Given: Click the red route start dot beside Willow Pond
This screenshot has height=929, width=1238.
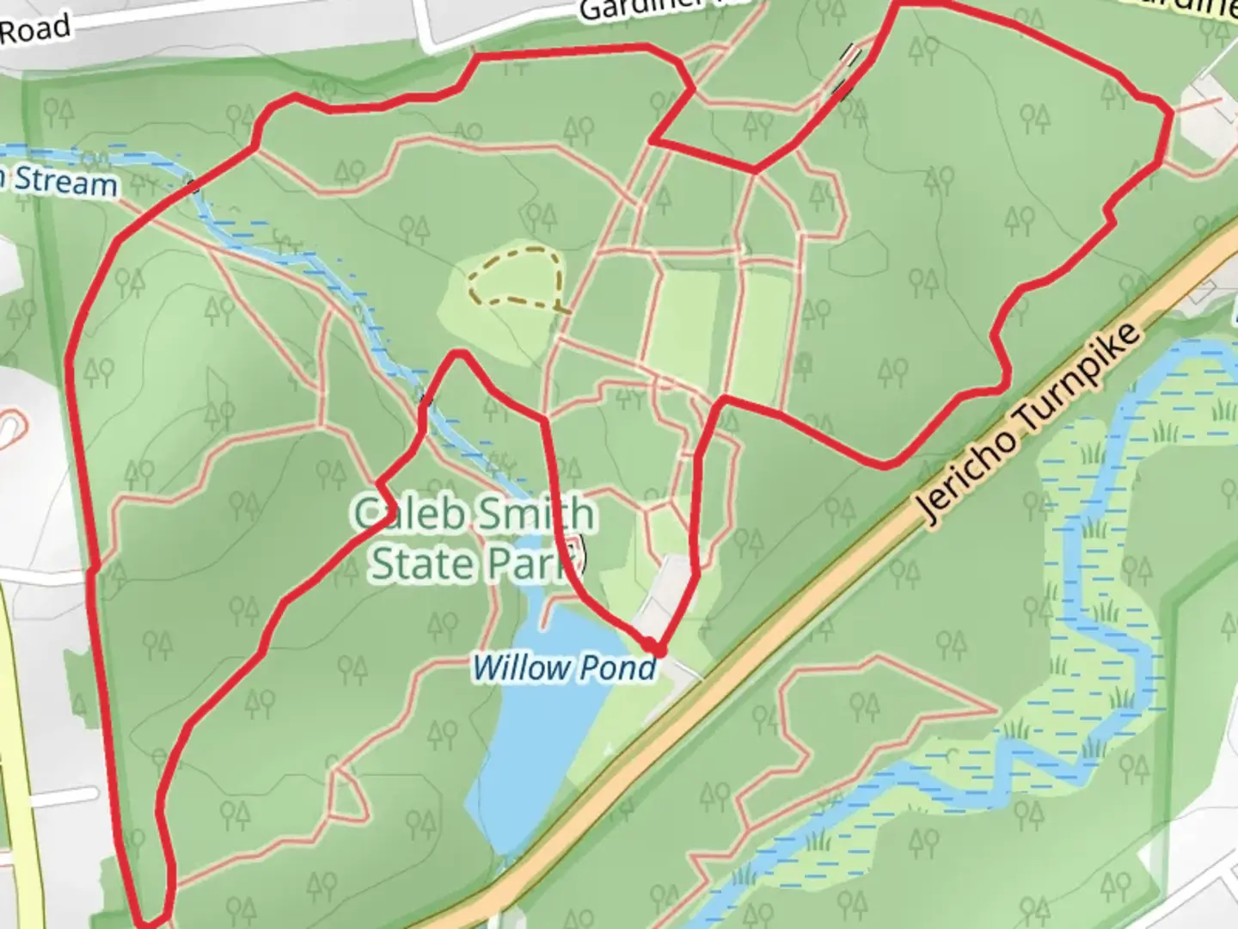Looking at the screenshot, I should pos(653,646).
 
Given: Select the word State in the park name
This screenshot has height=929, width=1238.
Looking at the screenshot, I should pos(421,563).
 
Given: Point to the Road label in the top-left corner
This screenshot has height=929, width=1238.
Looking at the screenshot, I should pos(34,30).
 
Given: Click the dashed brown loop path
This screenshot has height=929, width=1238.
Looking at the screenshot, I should pos(516,275).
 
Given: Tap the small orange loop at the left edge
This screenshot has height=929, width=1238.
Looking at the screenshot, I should pos(10,425).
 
